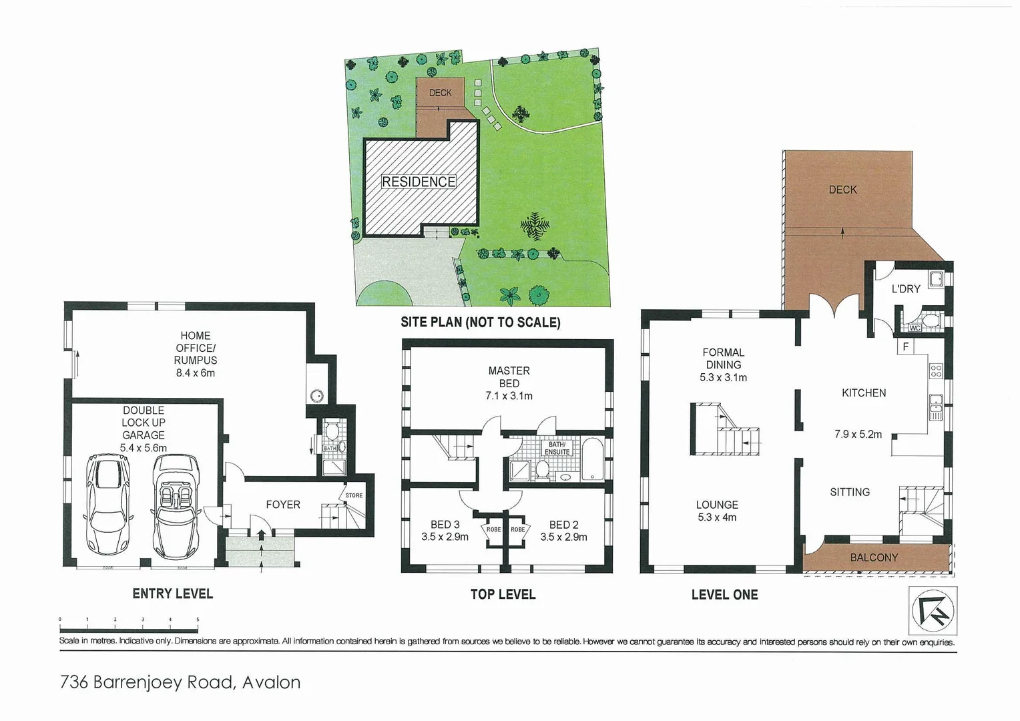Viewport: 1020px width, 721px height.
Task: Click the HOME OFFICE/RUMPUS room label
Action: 195,348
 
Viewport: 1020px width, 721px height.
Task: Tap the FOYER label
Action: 283,505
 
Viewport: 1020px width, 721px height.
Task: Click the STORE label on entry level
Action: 354,495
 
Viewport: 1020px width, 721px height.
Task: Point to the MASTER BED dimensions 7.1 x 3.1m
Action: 509,396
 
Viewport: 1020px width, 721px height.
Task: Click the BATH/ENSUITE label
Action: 557,448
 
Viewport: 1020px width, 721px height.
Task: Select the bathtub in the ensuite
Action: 592,459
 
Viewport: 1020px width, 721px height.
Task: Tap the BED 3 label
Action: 445,525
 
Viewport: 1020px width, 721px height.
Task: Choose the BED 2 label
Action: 563,525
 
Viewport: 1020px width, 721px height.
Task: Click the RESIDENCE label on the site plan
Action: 419,182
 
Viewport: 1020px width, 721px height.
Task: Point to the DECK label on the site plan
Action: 440,93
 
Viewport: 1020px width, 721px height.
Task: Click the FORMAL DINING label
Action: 723,358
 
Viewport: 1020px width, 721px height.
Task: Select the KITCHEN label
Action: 864,393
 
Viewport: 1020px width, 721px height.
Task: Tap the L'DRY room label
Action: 905,289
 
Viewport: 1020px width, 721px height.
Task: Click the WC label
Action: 915,328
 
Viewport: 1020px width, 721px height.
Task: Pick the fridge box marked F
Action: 906,346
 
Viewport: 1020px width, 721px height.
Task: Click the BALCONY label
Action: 874,557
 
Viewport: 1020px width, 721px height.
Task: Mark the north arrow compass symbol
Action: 933,610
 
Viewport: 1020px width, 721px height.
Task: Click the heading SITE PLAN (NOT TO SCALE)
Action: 480,322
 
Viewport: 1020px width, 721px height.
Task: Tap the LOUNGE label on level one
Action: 717,505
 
